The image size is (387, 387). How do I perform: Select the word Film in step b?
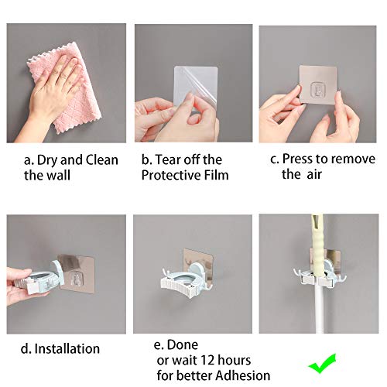(217, 175)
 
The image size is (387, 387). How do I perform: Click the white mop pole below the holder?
(320, 325)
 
